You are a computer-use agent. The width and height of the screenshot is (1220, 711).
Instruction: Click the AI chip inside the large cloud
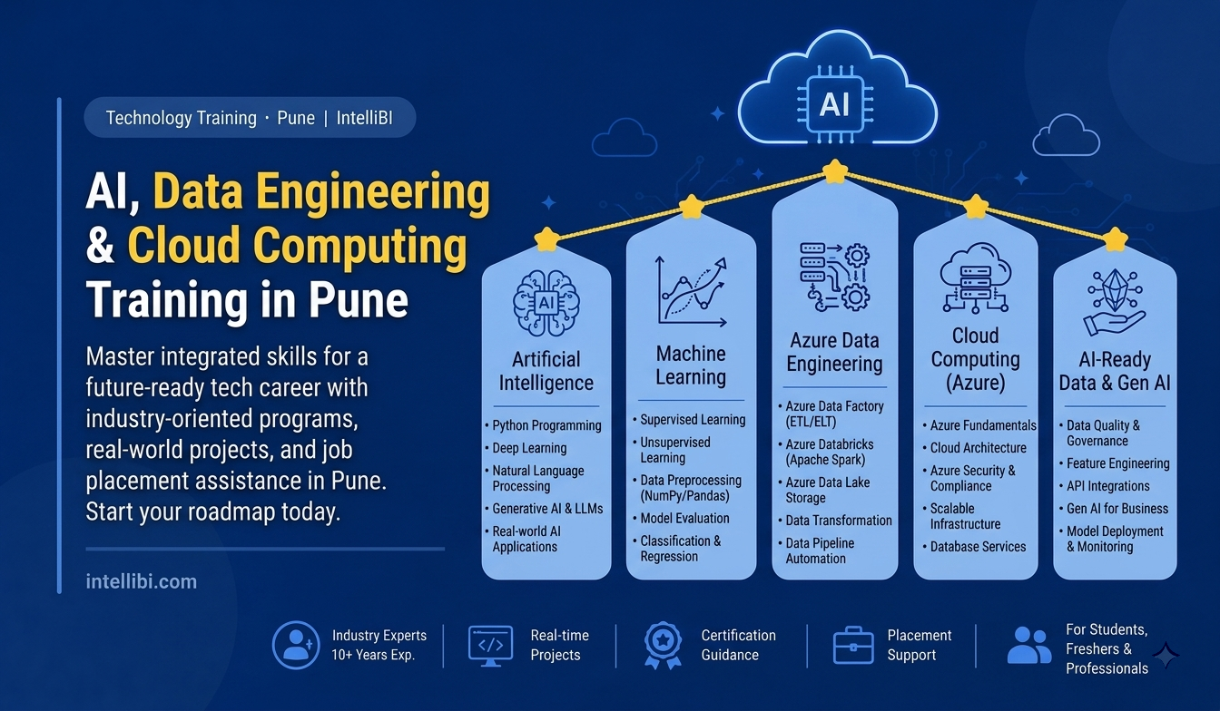point(834,104)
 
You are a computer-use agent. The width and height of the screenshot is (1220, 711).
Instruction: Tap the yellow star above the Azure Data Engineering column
point(834,171)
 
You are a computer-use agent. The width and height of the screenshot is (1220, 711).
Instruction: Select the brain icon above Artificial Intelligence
point(546,304)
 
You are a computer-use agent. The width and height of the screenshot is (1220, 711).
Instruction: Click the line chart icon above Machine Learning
point(692,291)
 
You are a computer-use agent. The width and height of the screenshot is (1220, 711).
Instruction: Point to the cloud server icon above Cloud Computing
point(976,278)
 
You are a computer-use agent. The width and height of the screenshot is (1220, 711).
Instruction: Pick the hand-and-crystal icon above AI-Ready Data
point(1115,303)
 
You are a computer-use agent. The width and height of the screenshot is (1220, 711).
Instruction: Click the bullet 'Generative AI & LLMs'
point(547,509)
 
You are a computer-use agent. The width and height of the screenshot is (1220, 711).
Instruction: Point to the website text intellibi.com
point(141,581)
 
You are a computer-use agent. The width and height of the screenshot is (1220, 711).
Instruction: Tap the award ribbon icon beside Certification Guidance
point(663,645)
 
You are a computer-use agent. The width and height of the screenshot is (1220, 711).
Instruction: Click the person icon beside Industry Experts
point(296,645)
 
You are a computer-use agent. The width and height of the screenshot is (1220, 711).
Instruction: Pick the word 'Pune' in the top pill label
point(296,118)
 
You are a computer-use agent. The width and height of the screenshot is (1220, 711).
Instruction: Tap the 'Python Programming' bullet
point(546,425)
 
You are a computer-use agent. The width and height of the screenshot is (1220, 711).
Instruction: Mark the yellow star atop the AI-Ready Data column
point(1115,239)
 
